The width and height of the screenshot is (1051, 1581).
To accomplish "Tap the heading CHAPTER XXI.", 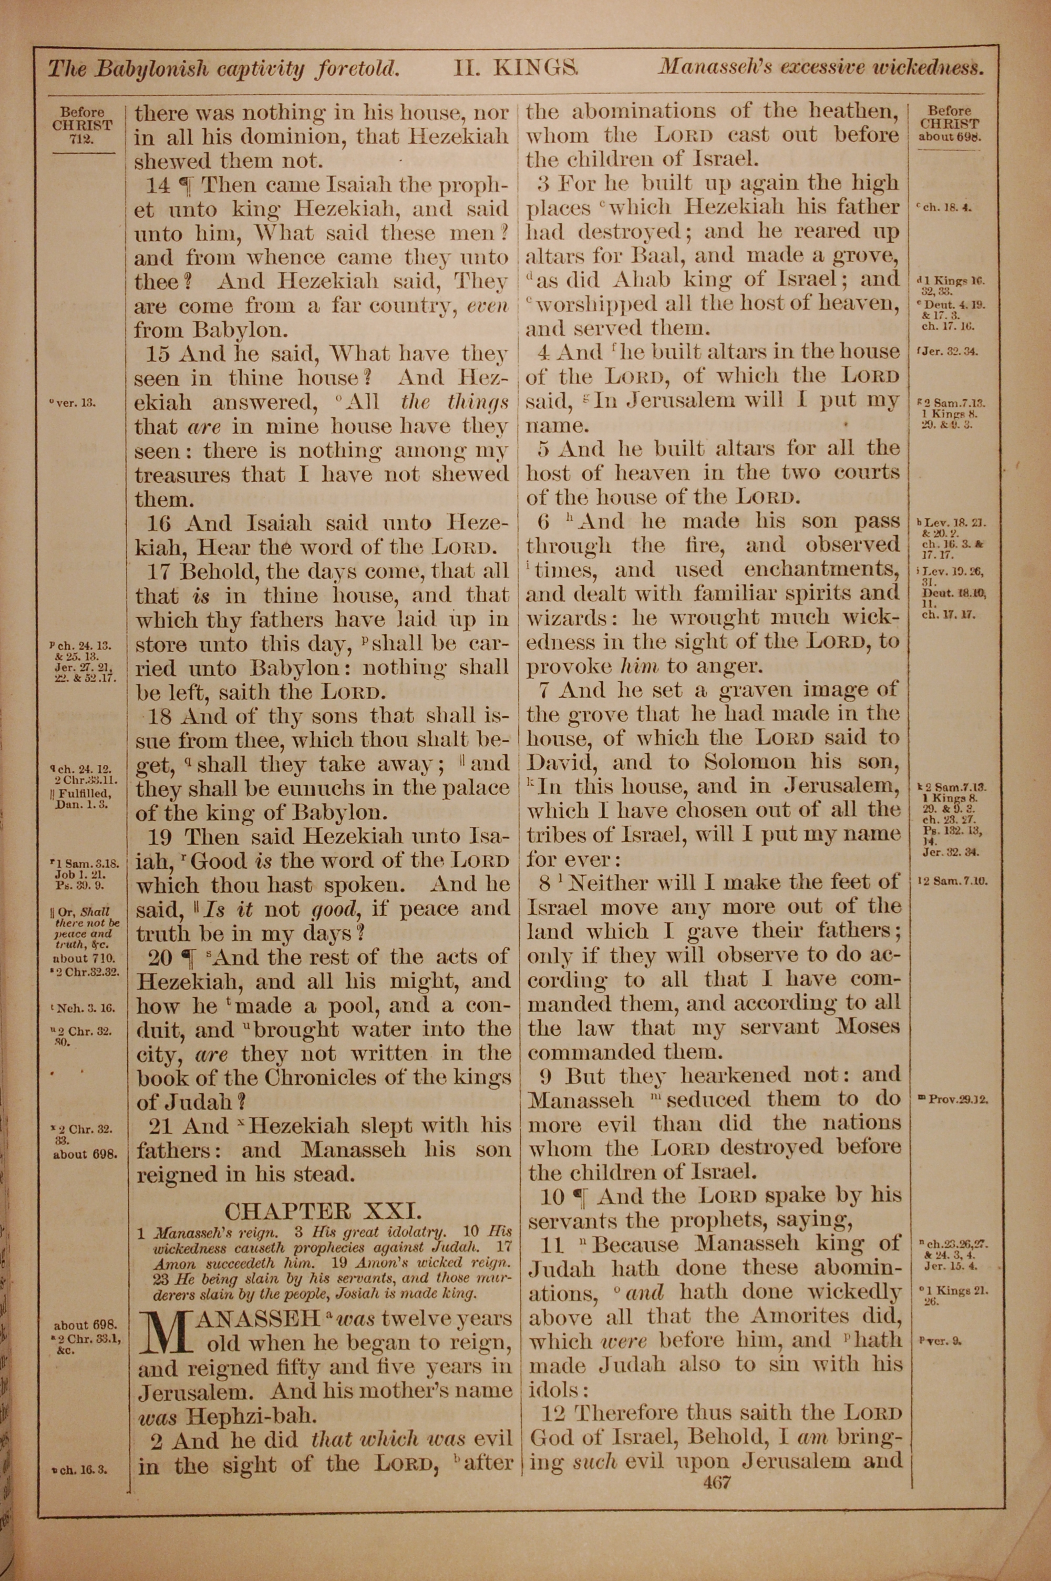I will coord(323,1211).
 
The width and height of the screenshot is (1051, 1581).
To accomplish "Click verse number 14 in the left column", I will coord(158,186).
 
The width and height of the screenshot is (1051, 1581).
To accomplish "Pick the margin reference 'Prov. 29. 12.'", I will coord(952,1100).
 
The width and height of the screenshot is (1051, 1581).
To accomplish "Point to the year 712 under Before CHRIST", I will coord(84,139).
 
